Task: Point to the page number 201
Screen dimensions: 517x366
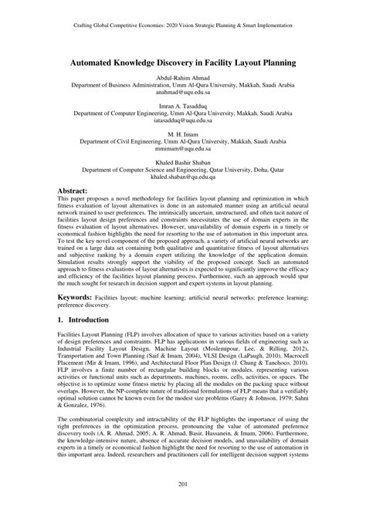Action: point(183,504)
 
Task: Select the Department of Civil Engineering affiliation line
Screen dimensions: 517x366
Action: point(183,141)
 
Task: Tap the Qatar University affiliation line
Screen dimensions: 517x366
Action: point(183,169)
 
